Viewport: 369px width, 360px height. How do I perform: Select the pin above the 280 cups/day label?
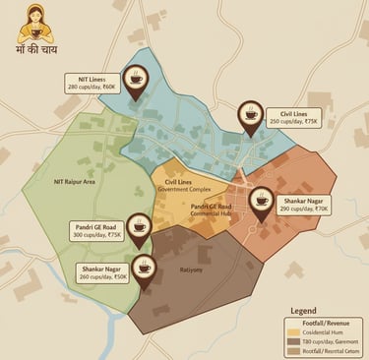tap(135, 76)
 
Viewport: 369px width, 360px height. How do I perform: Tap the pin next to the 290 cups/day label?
tap(262, 200)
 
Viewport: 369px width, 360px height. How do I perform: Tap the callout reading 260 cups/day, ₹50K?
tap(101, 272)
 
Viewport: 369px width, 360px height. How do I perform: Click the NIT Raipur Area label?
tap(75, 181)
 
